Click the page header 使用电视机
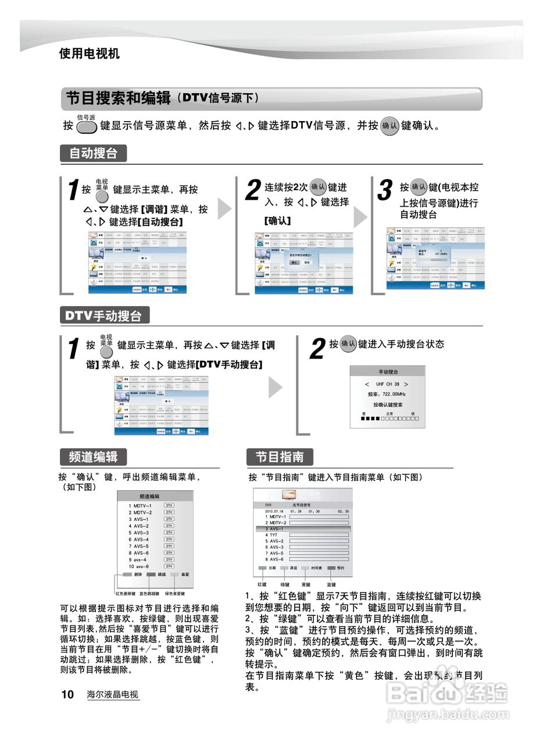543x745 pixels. pyautogui.click(x=89, y=54)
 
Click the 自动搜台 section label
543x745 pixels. pyautogui.click(x=93, y=154)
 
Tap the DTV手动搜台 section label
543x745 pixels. pyautogui.click(x=103, y=316)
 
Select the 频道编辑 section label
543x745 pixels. pyautogui.click(x=93, y=457)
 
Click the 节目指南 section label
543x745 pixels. pyautogui.click(x=280, y=457)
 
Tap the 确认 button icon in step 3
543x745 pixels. pyautogui.click(x=419, y=187)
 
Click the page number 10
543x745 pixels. pyautogui.click(x=67, y=694)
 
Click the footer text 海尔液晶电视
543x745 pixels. pyautogui.click(x=113, y=694)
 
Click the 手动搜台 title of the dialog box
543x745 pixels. pyautogui.click(x=388, y=371)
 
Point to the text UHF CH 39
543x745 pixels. pyautogui.click(x=387, y=384)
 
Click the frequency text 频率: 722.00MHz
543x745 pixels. pyautogui.click(x=387, y=394)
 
